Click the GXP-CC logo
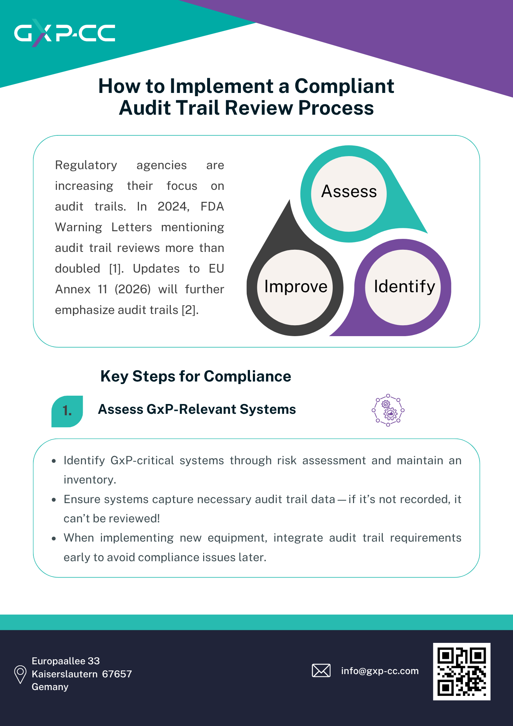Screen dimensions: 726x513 pos(65,33)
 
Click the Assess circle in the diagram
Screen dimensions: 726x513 pos(349,193)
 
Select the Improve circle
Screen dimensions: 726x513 pos(295,287)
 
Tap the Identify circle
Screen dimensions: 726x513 pos(403,287)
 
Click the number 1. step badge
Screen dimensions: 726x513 pos(67,411)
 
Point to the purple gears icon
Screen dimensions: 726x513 pos(388,410)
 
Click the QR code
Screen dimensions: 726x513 pos(461,671)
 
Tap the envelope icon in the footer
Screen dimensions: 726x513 pos(321,670)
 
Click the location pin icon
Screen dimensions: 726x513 pos(20,674)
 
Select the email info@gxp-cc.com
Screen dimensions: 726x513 pos(380,671)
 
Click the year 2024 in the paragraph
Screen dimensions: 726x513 pos(173,207)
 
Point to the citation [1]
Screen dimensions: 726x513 pos(116,269)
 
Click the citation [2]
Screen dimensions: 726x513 pos(189,310)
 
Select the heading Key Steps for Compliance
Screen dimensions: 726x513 pos(196,376)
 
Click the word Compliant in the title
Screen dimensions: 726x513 pos(344,86)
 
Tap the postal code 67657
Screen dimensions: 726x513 pos(117,674)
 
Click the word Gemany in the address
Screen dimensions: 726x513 pos(50,687)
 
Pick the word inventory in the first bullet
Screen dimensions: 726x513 pos(90,480)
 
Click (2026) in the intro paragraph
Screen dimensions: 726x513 pos(133,289)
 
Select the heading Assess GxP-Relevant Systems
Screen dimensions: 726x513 pos(197,409)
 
